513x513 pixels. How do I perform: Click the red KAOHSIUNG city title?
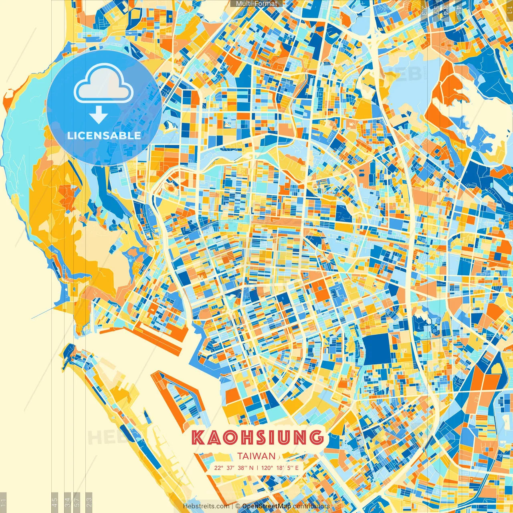pyautogui.click(x=257, y=437)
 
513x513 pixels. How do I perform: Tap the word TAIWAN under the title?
pyautogui.click(x=256, y=456)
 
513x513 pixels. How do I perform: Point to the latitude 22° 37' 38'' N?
pyautogui.click(x=234, y=468)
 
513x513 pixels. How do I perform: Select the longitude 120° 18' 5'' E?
pyautogui.click(x=280, y=468)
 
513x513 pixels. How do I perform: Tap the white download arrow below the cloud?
pyautogui.click(x=99, y=115)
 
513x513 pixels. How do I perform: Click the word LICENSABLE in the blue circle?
pyautogui.click(x=104, y=135)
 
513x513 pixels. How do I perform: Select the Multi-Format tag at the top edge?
pyautogui.click(x=256, y=4)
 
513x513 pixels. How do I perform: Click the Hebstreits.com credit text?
pyautogui.click(x=206, y=506)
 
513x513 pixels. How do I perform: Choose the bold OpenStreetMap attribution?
pyautogui.click(x=267, y=506)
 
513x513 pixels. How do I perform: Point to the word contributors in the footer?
pyautogui.click(x=311, y=506)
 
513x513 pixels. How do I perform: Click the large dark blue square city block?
pyautogui.click(x=377, y=349)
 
